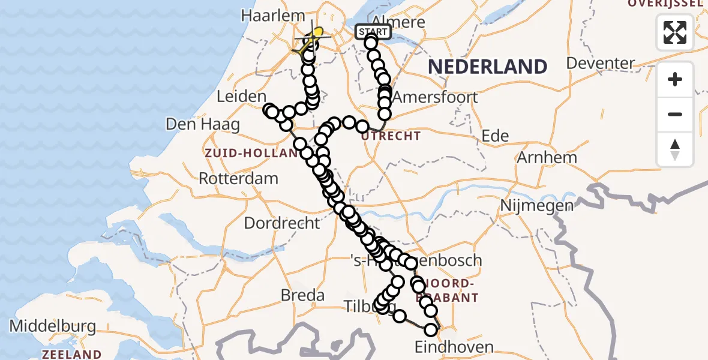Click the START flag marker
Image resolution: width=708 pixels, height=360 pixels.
pyautogui.click(x=373, y=32)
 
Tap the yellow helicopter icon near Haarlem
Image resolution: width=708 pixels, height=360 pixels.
pyautogui.click(x=312, y=40)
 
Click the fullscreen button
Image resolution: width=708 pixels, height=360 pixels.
pyautogui.click(x=675, y=32)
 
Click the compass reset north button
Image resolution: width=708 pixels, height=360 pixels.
pyautogui.click(x=675, y=149)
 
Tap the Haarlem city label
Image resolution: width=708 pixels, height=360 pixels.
pyautogui.click(x=266, y=16)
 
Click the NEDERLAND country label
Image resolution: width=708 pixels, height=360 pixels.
pyautogui.click(x=488, y=66)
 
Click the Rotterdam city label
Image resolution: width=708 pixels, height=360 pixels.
pyautogui.click(x=238, y=178)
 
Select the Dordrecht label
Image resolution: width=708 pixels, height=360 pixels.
pyautogui.click(x=282, y=223)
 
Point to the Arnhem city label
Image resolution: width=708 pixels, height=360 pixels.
pyautogui.click(x=546, y=157)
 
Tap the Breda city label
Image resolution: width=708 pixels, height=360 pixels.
pyautogui.click(x=303, y=295)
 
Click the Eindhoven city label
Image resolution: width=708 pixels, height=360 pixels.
pyautogui.click(x=454, y=347)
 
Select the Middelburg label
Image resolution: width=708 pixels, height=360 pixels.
pyautogui.click(x=53, y=327)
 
